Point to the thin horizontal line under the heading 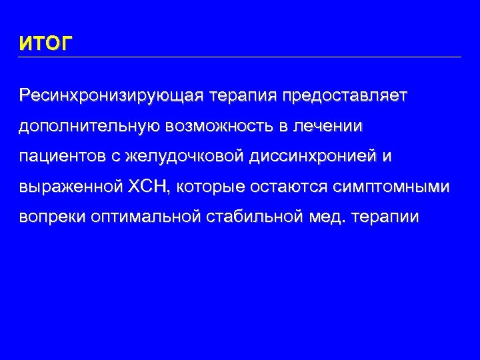point(240,57)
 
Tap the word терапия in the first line point(243,95)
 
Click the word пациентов point(58,157)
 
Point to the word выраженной point(70,187)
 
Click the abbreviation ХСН point(148,187)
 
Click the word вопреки point(51,218)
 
